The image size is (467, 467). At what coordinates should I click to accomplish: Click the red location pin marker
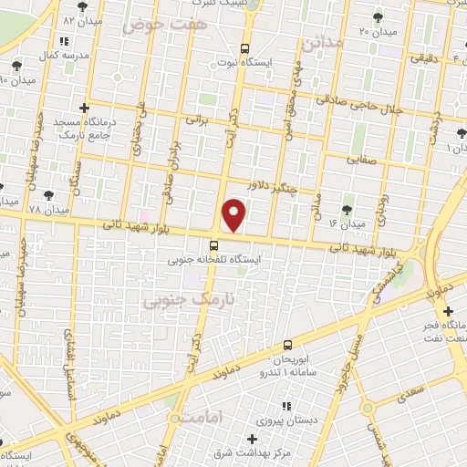pos(235,215)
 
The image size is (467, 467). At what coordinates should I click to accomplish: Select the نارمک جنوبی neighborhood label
pos(179,301)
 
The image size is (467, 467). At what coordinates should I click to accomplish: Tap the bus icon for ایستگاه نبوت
pos(244,49)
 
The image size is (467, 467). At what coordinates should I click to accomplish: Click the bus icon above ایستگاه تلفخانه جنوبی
pos(213,244)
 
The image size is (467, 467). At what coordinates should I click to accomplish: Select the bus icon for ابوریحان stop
pos(288,345)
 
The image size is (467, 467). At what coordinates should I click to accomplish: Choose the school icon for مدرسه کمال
pos(63,41)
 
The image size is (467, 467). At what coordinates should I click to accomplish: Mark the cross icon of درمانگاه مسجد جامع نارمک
pos(84,108)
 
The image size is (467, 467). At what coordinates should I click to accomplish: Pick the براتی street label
pos(197,119)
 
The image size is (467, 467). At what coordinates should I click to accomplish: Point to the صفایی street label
pos(360,158)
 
